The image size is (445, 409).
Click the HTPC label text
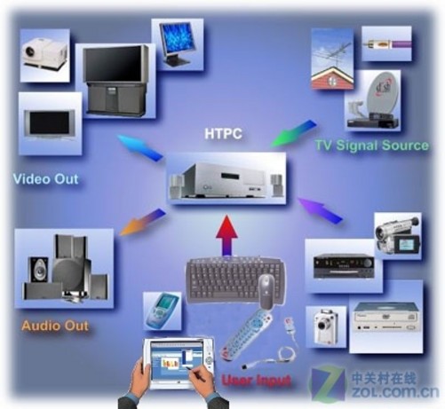[223, 134]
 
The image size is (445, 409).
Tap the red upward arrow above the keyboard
[226, 235]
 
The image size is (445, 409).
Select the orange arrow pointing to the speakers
[142, 222]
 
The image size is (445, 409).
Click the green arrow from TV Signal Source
[293, 133]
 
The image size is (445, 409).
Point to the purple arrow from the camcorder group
[320, 210]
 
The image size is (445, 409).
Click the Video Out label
[46, 179]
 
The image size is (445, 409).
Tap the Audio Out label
[55, 326]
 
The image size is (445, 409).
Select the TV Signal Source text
[372, 146]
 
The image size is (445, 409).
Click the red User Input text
[257, 380]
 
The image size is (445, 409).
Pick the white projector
[45, 55]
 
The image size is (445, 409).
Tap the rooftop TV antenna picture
[332, 59]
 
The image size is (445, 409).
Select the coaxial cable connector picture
[386, 44]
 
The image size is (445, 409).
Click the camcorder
[398, 235]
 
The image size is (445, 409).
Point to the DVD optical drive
[387, 317]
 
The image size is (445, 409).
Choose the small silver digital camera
[325, 326]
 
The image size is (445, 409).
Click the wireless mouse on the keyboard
[267, 291]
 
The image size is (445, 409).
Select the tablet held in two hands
[179, 363]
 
